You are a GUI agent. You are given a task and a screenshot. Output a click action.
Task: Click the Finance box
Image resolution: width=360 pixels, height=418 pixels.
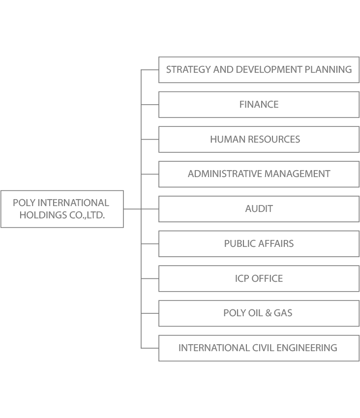click(x=259, y=104)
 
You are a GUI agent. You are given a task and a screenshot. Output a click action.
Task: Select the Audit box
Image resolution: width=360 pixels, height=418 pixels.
click(x=259, y=209)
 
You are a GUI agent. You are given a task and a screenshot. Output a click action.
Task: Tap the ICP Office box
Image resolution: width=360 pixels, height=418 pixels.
click(x=259, y=278)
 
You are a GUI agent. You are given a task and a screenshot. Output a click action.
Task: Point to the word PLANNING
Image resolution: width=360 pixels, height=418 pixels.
click(x=328, y=69)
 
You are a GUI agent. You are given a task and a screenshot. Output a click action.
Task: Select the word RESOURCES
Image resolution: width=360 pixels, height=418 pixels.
click(x=271, y=139)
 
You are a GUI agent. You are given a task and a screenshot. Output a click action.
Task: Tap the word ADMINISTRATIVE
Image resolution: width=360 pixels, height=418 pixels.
click(x=225, y=174)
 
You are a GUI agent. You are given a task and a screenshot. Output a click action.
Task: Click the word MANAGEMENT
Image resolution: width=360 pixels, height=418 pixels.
click(x=298, y=174)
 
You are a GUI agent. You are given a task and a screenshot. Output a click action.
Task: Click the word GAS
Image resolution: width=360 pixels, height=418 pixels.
click(x=283, y=313)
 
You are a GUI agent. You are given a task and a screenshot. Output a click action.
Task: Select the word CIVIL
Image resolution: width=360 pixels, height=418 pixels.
click(x=263, y=348)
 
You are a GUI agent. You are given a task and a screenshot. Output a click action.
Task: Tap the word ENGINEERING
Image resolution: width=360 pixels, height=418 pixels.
click(x=307, y=348)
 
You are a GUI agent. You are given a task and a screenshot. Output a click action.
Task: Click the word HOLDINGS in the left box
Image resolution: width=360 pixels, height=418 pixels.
click(x=43, y=215)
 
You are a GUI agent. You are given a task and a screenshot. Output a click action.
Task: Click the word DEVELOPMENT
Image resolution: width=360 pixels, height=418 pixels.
click(x=269, y=69)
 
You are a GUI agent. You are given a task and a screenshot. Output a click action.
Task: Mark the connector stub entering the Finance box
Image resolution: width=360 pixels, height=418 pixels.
click(x=150, y=104)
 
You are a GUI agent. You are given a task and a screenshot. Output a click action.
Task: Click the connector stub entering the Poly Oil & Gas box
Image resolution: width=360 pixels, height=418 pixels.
click(x=150, y=313)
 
